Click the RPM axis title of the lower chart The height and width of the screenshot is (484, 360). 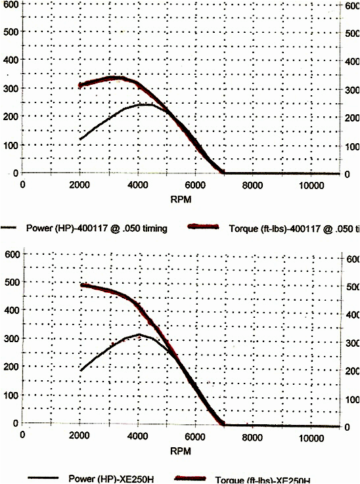click(181, 451)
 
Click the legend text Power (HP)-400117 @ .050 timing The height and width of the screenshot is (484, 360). click(97, 228)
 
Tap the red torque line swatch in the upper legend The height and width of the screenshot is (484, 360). click(203, 227)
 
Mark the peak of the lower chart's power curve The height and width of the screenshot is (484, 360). click(139, 334)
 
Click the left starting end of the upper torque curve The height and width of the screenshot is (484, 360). click(81, 85)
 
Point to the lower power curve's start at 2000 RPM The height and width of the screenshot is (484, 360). click(81, 371)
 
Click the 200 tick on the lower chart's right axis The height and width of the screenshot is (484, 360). click(353, 371)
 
